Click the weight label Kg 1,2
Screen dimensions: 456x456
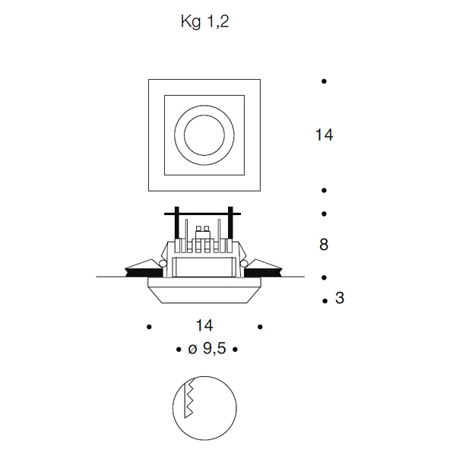point(204,22)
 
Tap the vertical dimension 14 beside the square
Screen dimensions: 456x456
point(324,135)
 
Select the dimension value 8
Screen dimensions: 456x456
point(324,244)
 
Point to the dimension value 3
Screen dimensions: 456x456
point(340,298)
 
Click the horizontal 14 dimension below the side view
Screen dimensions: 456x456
point(204,325)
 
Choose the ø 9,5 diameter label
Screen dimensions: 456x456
point(207,348)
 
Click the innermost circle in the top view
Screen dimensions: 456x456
point(204,135)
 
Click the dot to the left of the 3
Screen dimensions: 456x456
point(325,301)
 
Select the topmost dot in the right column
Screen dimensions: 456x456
point(324,81)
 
